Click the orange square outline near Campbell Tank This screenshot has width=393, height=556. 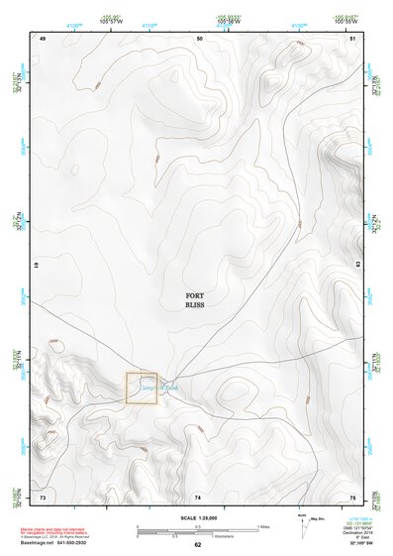142,389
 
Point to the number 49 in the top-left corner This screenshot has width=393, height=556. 43,38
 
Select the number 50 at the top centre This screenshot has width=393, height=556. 199,38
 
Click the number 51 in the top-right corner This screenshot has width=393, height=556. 352,38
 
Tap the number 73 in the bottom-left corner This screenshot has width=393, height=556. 43,497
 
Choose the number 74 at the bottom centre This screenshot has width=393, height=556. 199,497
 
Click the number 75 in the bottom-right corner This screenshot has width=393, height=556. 352,497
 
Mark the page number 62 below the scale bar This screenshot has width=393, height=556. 198,545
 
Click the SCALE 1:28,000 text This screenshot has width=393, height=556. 198,516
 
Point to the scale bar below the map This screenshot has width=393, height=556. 198,528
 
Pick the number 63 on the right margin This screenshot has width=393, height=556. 356,267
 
